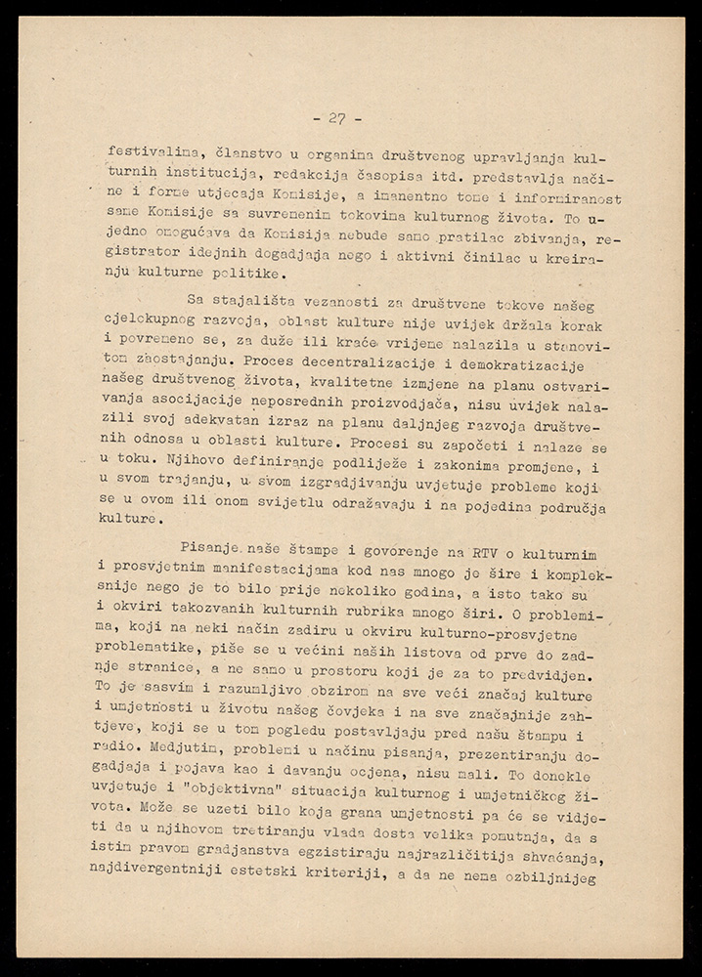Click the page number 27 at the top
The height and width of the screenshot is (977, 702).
click(x=337, y=119)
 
